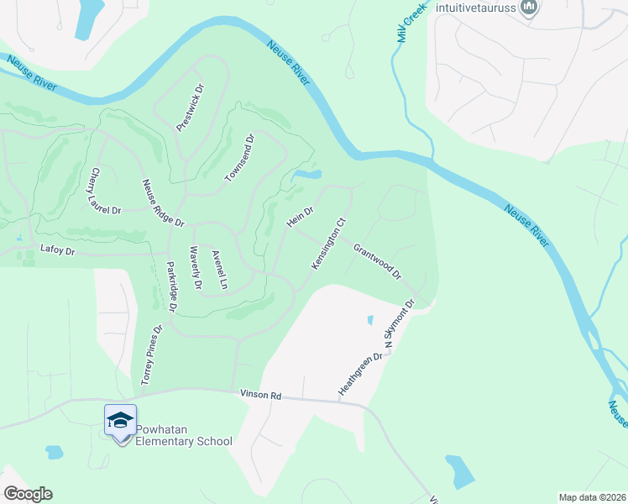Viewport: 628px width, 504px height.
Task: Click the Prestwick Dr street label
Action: [191, 107]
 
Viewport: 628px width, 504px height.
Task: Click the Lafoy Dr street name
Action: [58, 249]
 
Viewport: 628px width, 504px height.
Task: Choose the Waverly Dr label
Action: [196, 267]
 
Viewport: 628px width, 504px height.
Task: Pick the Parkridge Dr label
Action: [170, 286]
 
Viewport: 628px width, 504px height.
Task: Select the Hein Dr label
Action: [300, 217]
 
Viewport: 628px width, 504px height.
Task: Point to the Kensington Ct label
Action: [329, 244]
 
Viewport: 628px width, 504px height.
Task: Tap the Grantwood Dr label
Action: [378, 262]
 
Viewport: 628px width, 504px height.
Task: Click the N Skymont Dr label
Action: [400, 325]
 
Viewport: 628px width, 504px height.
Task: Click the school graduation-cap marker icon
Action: [120, 419]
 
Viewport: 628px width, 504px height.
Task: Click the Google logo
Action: [28, 494]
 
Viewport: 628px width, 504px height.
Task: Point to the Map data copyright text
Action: [591, 497]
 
